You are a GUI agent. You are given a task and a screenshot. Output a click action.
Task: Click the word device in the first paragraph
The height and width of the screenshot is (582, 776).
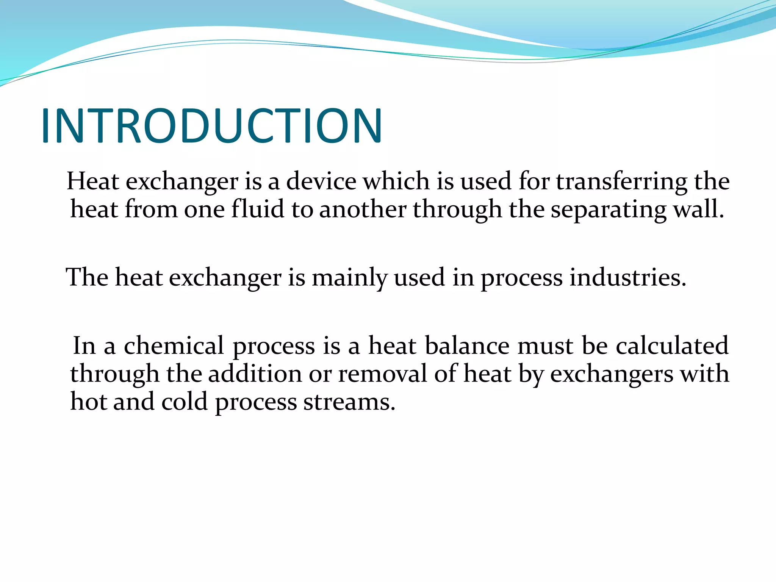(x=321, y=181)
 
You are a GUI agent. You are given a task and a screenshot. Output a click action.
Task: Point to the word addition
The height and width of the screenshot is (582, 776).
(x=255, y=374)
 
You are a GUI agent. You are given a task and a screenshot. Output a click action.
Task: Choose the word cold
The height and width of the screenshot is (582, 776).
(x=185, y=402)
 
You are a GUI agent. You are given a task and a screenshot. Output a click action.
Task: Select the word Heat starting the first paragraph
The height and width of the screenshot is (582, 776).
(x=93, y=181)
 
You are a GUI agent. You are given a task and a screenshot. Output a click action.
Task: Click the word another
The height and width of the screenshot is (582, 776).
(x=363, y=209)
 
